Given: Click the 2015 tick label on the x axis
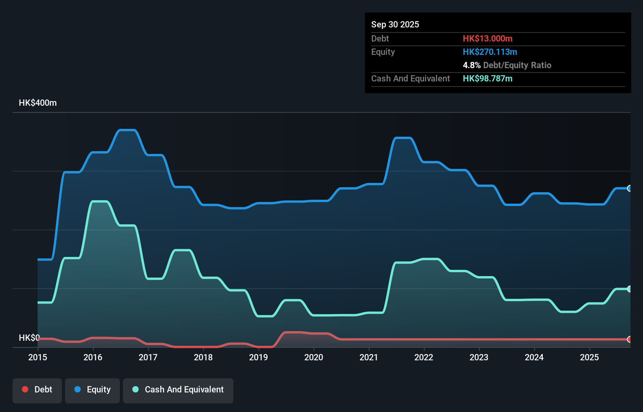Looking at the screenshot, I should click(x=38, y=357).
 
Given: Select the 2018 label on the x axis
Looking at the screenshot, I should click(x=203, y=357).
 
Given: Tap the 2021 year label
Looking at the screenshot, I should click(x=369, y=357).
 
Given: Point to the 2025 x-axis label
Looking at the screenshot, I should click(x=589, y=357).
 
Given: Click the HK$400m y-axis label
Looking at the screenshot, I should click(x=38, y=103).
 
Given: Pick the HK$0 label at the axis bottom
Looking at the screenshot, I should click(x=29, y=338).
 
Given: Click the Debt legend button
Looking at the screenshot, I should click(x=37, y=390).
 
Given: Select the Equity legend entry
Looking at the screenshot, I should click(x=92, y=390).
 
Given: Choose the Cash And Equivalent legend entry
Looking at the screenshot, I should click(x=178, y=390).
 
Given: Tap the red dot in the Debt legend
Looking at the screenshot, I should click(x=25, y=389).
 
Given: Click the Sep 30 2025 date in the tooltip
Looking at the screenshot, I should click(x=395, y=24).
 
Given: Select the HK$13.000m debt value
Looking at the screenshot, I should click(x=488, y=38).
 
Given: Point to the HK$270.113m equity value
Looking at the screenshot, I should click(x=490, y=52).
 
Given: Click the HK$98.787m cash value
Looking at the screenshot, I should click(x=488, y=78).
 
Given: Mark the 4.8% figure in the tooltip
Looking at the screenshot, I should click(x=471, y=65).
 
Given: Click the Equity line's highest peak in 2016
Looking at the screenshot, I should click(x=127, y=130).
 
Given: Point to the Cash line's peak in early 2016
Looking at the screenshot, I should click(x=99, y=201).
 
